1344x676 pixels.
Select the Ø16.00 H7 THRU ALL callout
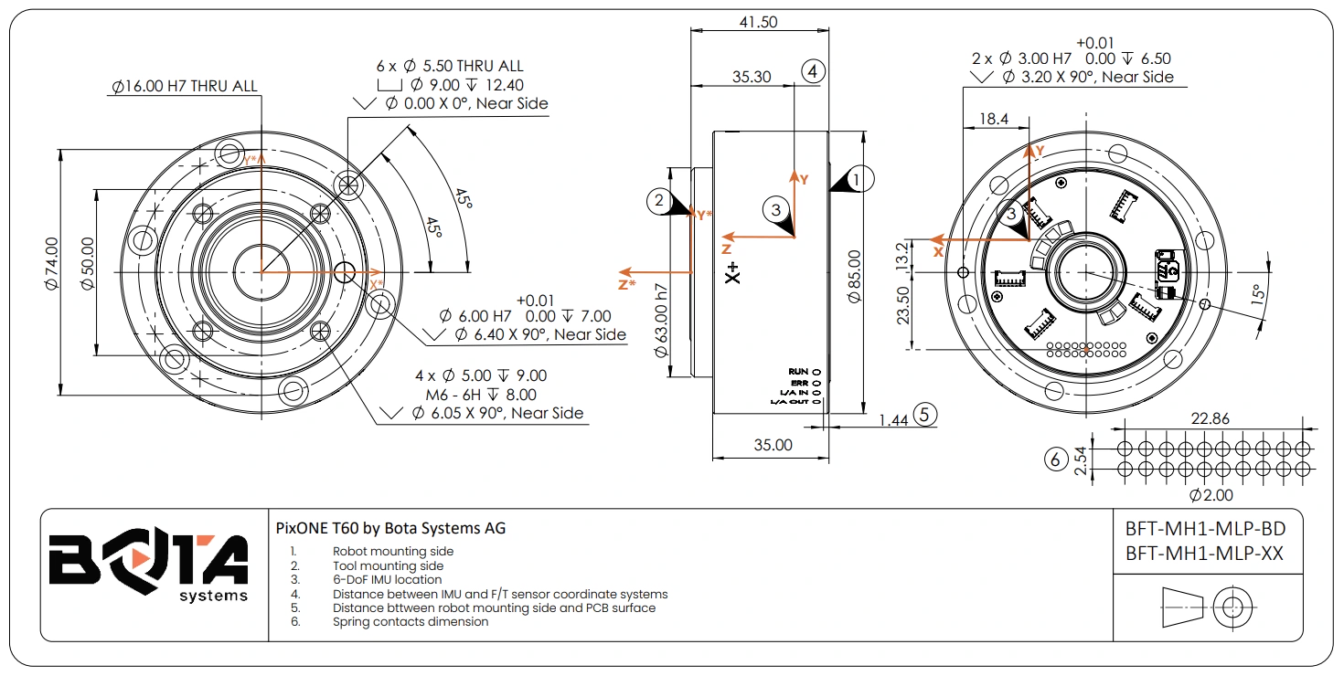pyautogui.click(x=185, y=87)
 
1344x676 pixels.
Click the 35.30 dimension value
pyautogui.click(x=752, y=78)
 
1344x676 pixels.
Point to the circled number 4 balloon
pyautogui.click(x=813, y=71)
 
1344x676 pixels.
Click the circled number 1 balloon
pyautogui.click(x=857, y=180)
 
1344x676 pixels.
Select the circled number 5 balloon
pyautogui.click(x=925, y=415)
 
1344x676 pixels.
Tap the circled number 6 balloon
pyautogui.click(x=1056, y=459)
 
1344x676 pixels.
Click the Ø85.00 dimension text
pyautogui.click(x=854, y=277)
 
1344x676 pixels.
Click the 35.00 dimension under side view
pyautogui.click(x=773, y=446)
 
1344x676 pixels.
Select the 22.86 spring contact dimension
pyautogui.click(x=1210, y=418)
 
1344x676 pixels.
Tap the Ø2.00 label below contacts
pyautogui.click(x=1211, y=495)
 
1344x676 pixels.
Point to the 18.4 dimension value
pyautogui.click(x=993, y=119)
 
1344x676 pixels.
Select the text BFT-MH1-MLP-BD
pyautogui.click(x=1205, y=530)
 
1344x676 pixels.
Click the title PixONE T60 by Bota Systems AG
pyautogui.click(x=390, y=528)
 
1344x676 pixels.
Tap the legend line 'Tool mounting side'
pyautogui.click(x=388, y=565)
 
